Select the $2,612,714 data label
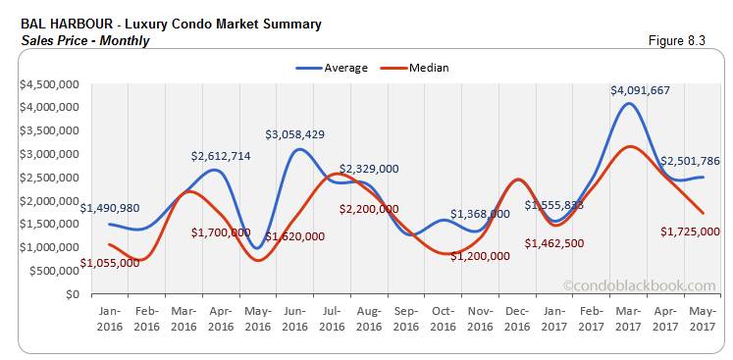pyautogui.click(x=224, y=155)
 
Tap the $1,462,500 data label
pyautogui.click(x=555, y=242)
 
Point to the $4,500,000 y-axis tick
pyautogui.click(x=48, y=83)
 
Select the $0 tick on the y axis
pyautogui.click(x=73, y=293)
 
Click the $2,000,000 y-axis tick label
pyautogui.click(x=48, y=200)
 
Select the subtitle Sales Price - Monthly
pyautogui.click(x=84, y=41)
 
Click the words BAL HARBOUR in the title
pyautogui.click(x=67, y=24)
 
